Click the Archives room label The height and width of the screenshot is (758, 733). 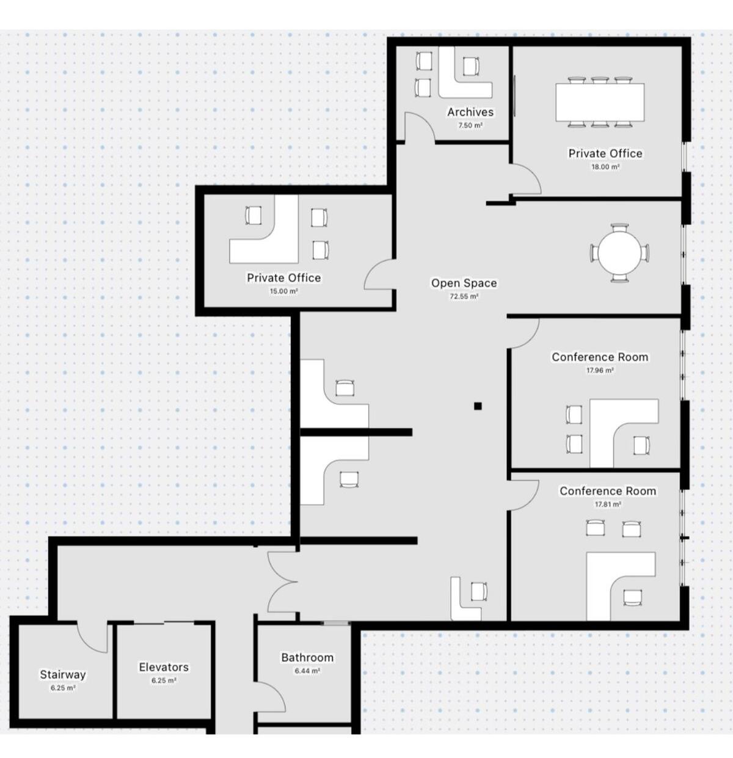click(470, 112)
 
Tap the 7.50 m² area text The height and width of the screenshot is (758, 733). click(470, 125)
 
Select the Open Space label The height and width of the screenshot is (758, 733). click(464, 283)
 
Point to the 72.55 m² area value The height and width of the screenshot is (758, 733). click(464, 296)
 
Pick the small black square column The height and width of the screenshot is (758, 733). click(478, 406)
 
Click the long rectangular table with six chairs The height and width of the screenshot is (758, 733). click(600, 102)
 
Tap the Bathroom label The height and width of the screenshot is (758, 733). click(307, 658)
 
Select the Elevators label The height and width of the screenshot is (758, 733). click(164, 667)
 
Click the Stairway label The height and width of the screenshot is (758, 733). click(63, 675)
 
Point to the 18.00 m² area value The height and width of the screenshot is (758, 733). click(605, 167)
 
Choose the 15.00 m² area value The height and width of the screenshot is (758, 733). click(284, 291)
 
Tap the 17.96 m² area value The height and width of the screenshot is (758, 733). click(600, 370)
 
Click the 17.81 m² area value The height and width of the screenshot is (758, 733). click(608, 505)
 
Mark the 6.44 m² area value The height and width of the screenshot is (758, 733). click(307, 671)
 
